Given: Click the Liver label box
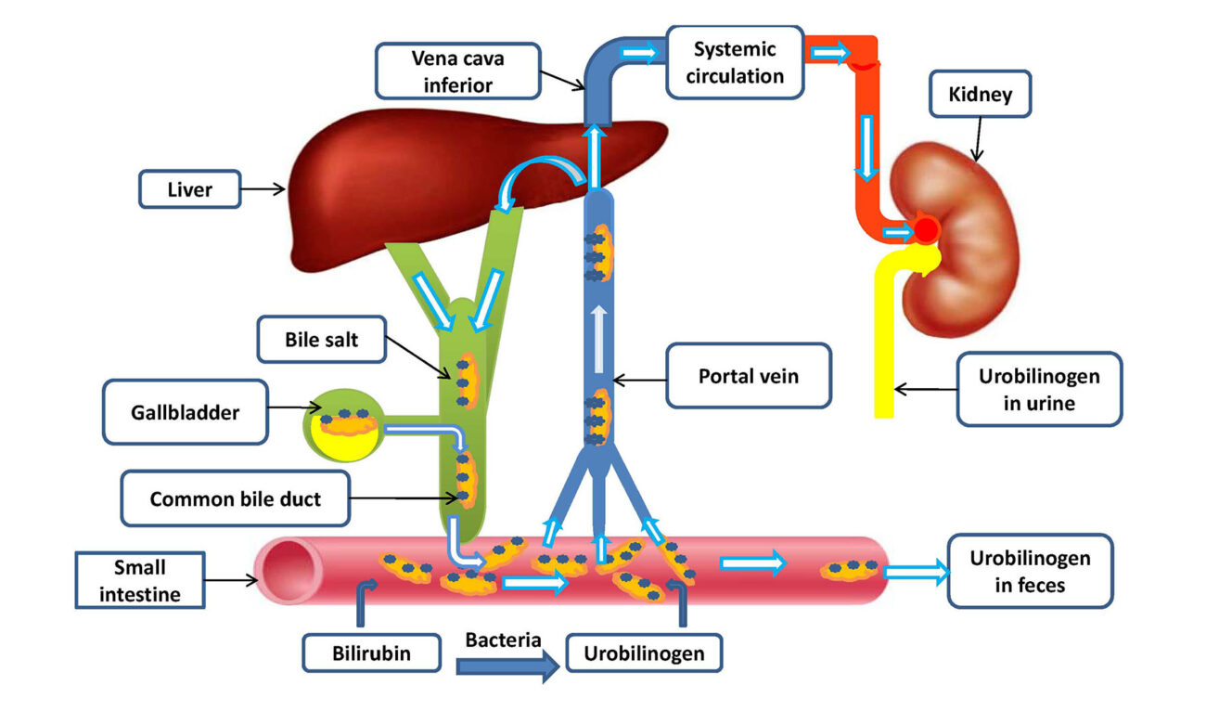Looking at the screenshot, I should pos(189,189).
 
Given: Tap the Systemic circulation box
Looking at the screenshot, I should pos(734,61).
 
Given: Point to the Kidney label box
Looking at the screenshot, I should pos(980,94).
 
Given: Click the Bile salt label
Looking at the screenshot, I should pos(321,341).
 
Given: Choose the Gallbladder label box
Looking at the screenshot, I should pos(185,411).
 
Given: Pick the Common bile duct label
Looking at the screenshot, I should pos(234,498).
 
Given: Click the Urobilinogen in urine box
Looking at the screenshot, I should pos(1038,389).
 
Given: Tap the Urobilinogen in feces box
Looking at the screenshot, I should pos(1030,571).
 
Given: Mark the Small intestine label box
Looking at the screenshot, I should pos(139,580).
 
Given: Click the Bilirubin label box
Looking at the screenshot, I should pos(371,653).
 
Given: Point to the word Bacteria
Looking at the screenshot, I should pos(503,640).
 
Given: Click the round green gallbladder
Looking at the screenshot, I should pos(340,431).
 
